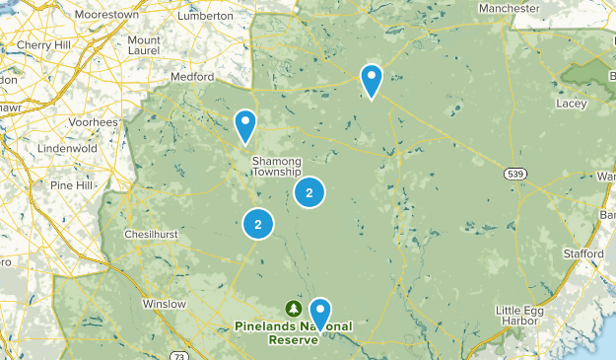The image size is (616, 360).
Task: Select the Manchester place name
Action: [x=509, y=8]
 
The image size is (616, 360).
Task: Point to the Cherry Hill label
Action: [x=44, y=45]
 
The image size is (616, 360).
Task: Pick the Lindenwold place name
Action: [x=65, y=148]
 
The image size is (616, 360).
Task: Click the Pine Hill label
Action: [x=70, y=185]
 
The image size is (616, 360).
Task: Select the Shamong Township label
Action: [x=277, y=166]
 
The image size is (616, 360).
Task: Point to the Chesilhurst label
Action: [x=149, y=235]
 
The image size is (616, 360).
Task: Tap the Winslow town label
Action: [x=164, y=304]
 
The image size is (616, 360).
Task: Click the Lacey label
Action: [x=571, y=102]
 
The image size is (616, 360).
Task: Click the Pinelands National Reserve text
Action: [x=293, y=332]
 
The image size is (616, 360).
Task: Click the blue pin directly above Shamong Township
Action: [x=245, y=124]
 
